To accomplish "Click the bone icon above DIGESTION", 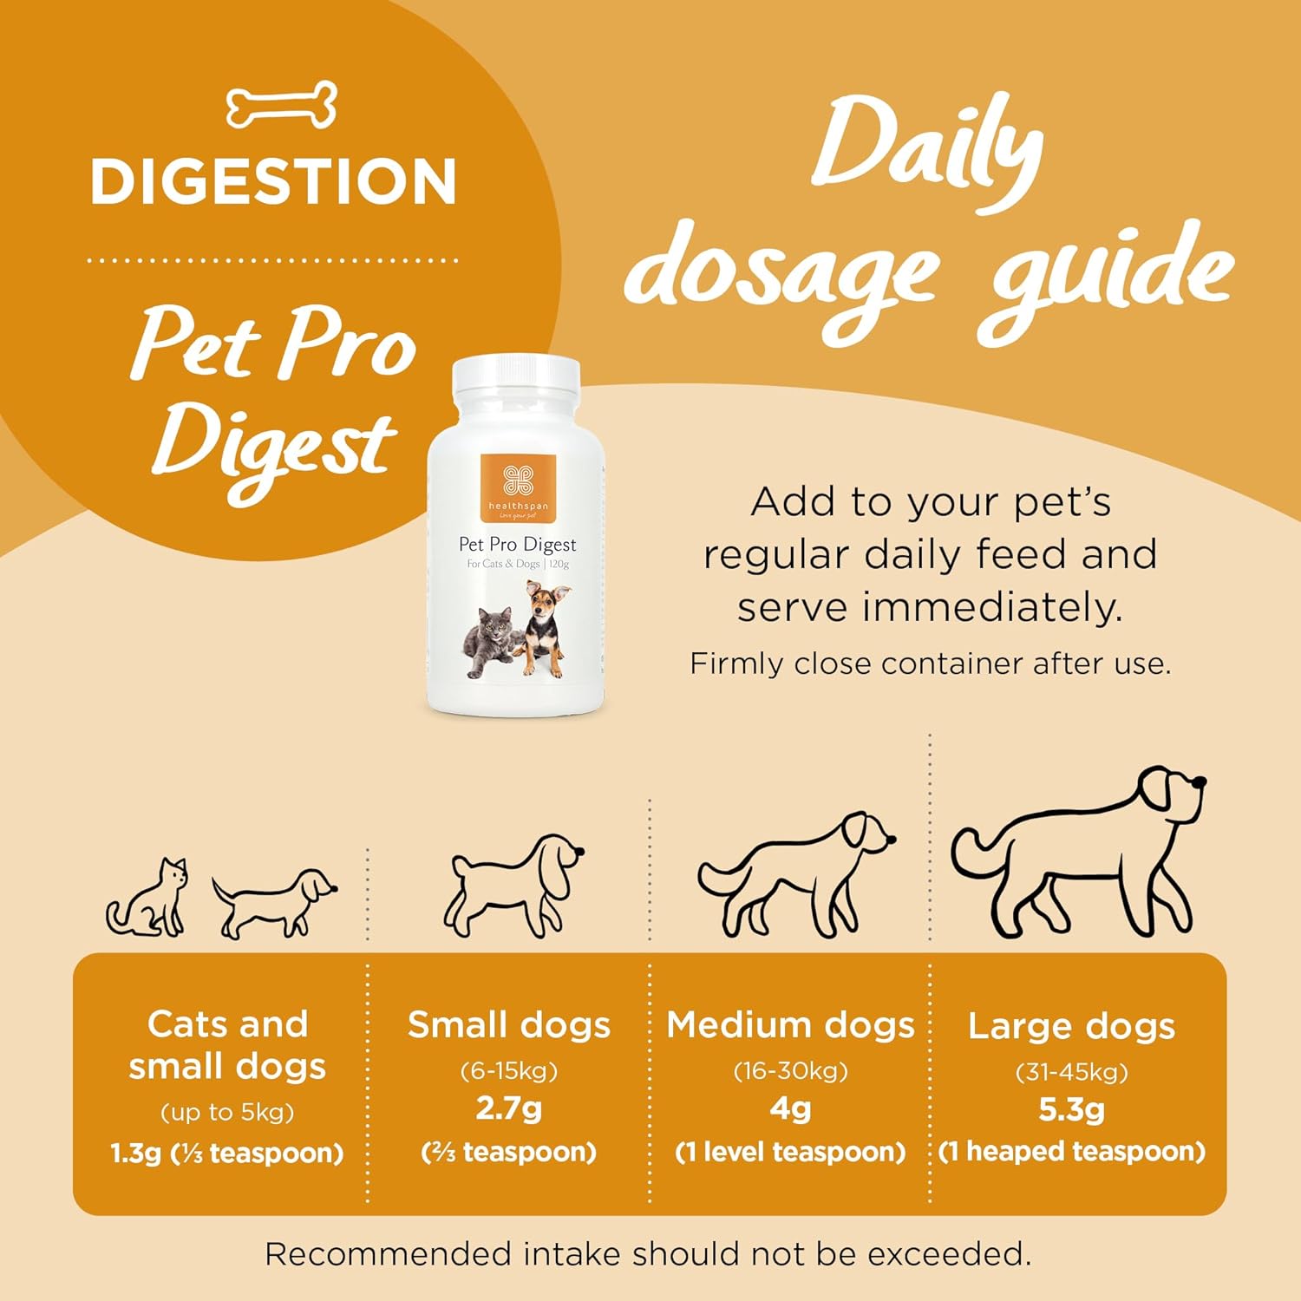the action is (281, 106).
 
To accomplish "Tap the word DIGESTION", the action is (274, 181).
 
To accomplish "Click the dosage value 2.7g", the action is (509, 1108).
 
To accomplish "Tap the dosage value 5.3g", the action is (1072, 1109).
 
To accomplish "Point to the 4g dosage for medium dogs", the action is (790, 1108).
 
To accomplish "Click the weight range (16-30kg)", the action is (790, 1071).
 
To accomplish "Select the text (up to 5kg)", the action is (227, 1113).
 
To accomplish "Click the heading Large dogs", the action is (1072, 1027).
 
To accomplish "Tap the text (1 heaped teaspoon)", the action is (1072, 1151).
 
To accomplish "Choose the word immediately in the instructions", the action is (992, 607).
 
